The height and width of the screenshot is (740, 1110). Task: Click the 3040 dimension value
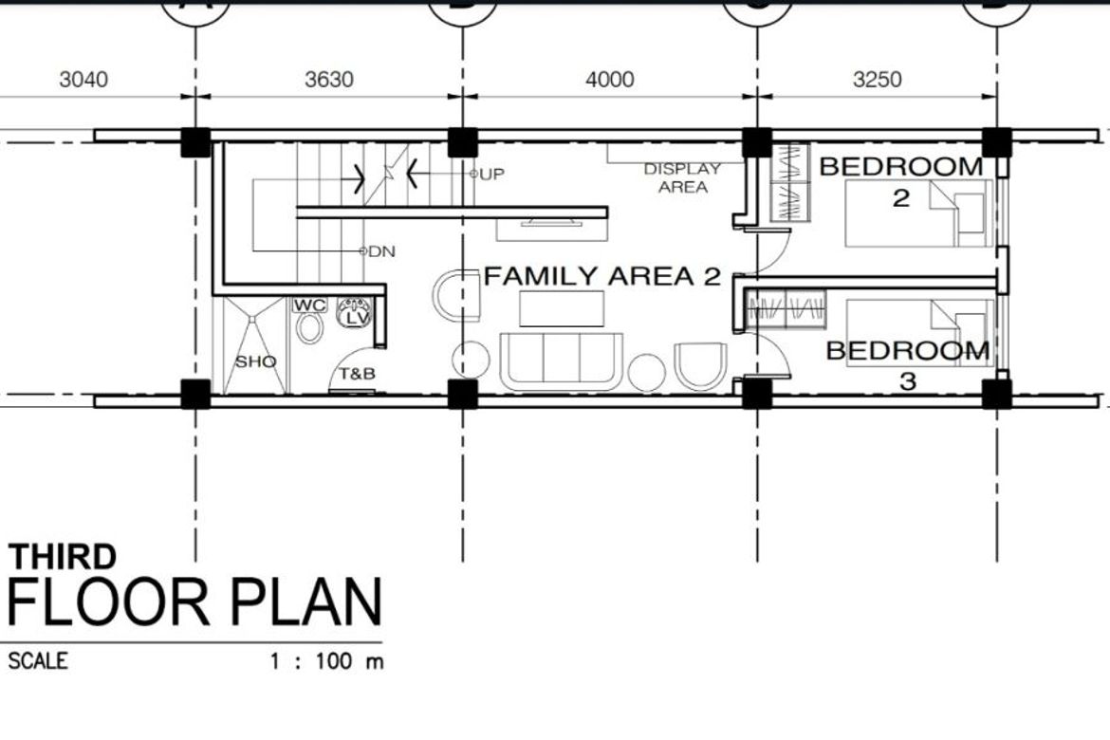pyautogui.click(x=83, y=80)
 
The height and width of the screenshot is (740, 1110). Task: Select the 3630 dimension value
pyautogui.click(x=329, y=80)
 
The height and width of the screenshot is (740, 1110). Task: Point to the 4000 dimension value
pyautogui.click(x=609, y=80)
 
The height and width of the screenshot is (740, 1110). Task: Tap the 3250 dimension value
pyautogui.click(x=878, y=80)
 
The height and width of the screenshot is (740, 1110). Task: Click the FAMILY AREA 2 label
pyautogui.click(x=602, y=276)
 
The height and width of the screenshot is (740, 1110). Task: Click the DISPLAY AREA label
pyautogui.click(x=682, y=177)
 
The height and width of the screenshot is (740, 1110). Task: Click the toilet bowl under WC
pyautogui.click(x=309, y=328)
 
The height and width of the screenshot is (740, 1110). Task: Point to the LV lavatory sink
pyautogui.click(x=354, y=312)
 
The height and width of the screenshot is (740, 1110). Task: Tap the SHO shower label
pyautogui.click(x=255, y=361)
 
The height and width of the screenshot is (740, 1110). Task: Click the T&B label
pyautogui.click(x=357, y=374)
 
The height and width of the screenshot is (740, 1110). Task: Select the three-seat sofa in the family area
pyautogui.click(x=562, y=361)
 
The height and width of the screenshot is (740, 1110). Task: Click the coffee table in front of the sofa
pyautogui.click(x=562, y=308)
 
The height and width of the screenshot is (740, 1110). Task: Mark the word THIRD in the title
pyautogui.click(x=63, y=557)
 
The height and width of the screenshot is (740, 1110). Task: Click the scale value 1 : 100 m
pyautogui.click(x=326, y=661)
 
